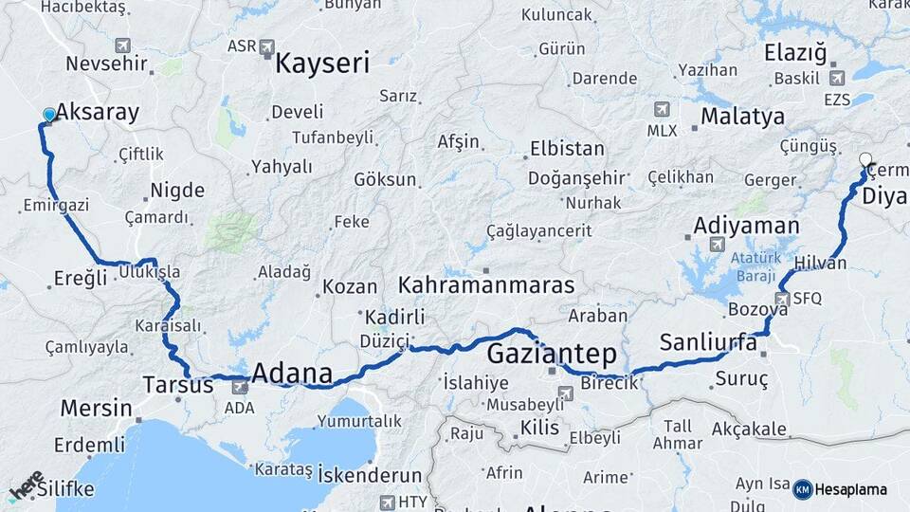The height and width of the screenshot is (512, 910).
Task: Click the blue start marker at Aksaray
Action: tap(49, 115)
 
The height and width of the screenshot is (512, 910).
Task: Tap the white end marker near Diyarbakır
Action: tap(864, 158)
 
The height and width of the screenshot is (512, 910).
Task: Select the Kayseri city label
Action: tap(322, 64)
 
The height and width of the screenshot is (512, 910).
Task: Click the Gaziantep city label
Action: tap(552, 355)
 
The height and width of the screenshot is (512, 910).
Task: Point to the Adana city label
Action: tap(292, 373)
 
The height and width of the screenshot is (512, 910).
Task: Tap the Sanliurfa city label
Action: tap(708, 342)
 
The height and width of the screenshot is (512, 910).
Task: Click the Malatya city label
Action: tap(742, 117)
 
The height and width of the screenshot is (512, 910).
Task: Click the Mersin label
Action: tap(96, 409)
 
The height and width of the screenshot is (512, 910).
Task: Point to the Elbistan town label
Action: tap(567, 149)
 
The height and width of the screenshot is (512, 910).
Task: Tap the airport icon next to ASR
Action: tap(266, 46)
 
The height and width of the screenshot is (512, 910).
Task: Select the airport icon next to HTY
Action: tap(386, 502)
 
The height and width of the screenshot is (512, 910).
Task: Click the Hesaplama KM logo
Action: tap(840, 489)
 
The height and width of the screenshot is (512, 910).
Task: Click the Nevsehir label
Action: tap(107, 64)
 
